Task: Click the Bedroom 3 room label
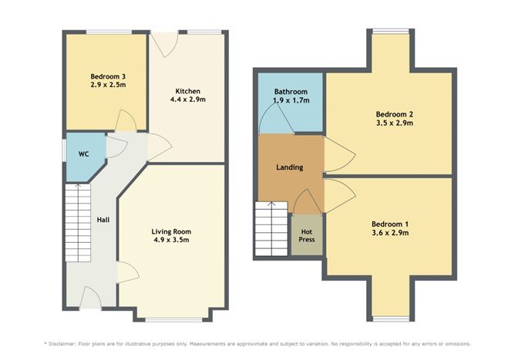[x=106, y=76]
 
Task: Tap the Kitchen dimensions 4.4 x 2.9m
[x=187, y=99]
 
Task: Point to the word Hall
[x=103, y=220]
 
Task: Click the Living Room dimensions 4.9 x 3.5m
[x=171, y=240]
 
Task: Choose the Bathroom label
[x=290, y=91]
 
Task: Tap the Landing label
[x=289, y=167]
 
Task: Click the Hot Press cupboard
[x=306, y=235]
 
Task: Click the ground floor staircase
[x=77, y=224]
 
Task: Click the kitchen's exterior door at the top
[x=165, y=43]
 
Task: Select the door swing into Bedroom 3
[x=126, y=121]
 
